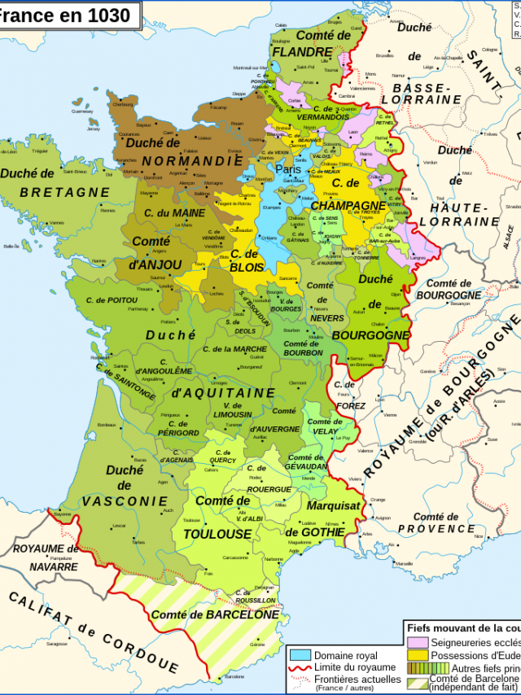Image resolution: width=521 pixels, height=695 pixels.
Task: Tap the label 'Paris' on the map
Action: [287, 170]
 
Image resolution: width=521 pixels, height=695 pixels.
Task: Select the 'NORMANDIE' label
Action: [192, 161]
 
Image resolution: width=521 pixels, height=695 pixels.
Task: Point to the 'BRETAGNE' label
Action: [64, 192]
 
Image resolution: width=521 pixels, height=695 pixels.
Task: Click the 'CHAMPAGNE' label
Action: [348, 205]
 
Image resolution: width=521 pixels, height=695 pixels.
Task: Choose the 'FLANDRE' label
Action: [302, 51]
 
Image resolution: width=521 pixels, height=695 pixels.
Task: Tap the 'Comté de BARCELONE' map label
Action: [215, 614]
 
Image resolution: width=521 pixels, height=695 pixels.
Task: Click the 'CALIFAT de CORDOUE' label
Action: [94, 632]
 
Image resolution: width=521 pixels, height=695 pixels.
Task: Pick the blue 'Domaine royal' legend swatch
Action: [300, 655]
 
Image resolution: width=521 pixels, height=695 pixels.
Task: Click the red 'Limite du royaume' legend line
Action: [300, 667]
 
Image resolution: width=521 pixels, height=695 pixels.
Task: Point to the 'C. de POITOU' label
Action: [112, 300]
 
